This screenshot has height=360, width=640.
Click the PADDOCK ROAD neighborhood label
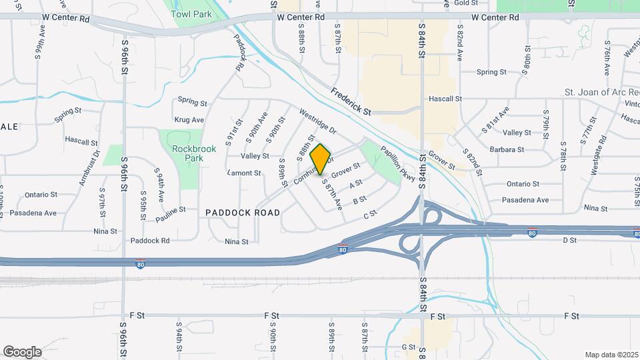(x=243, y=212)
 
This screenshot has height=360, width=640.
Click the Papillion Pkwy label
(x=398, y=164)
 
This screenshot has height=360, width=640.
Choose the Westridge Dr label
(x=318, y=121)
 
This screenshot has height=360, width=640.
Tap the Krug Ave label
(x=189, y=120)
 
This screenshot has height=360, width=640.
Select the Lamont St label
(x=244, y=173)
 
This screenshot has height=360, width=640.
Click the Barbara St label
(x=507, y=149)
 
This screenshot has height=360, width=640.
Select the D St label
(x=569, y=239)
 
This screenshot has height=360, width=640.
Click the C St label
(x=370, y=213)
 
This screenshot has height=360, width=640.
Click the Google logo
(x=22, y=351)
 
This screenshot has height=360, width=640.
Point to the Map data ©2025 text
(x=611, y=355)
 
